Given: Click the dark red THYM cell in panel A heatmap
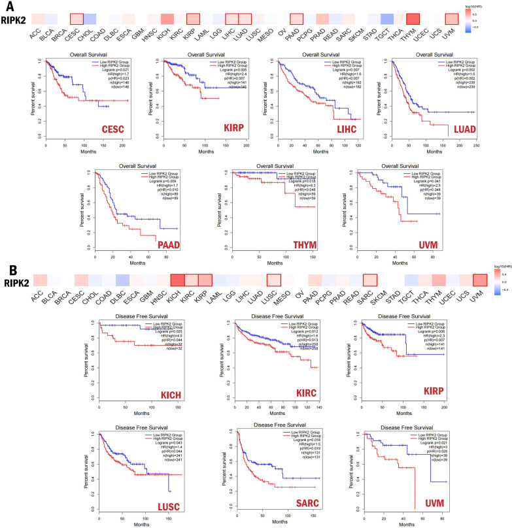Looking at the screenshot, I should (x=412, y=19).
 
